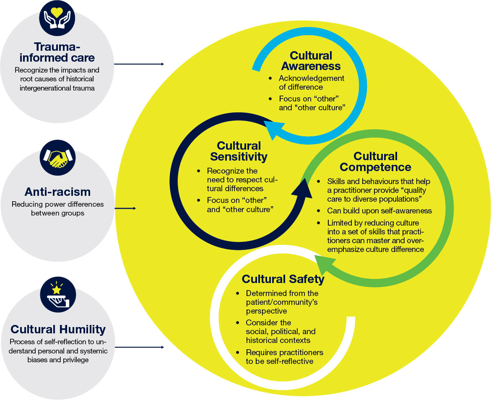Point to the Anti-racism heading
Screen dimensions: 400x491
tap(57, 192)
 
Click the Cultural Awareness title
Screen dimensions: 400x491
tap(311, 61)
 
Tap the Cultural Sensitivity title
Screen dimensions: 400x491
tap(239, 151)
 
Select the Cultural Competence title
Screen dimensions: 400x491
tap(375, 162)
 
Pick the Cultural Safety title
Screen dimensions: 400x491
tap(283, 279)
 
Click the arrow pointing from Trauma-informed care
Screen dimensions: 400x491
tap(139, 64)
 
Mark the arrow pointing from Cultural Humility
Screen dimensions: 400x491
tap(139, 347)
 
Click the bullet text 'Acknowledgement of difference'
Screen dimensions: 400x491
tap(311, 83)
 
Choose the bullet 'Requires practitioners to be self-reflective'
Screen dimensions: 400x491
tap(284, 356)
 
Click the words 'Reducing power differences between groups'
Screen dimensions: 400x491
tap(57, 209)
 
